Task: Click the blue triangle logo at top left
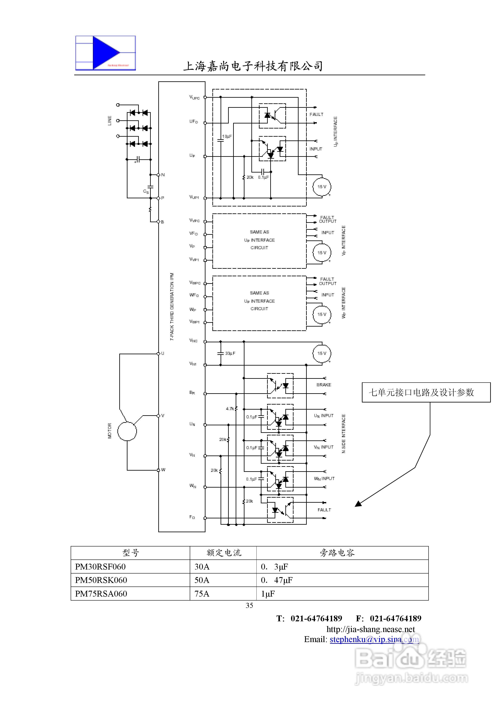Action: (x=105, y=53)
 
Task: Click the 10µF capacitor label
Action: (x=227, y=136)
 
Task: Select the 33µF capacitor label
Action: (x=230, y=353)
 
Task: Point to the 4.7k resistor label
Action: (x=230, y=409)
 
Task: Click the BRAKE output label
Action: (x=324, y=385)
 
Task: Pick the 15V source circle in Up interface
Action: (x=322, y=187)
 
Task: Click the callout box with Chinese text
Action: (x=426, y=392)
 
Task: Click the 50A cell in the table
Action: (x=202, y=580)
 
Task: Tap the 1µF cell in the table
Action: (x=268, y=594)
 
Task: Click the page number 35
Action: (x=249, y=605)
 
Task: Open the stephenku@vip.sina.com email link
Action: (x=374, y=639)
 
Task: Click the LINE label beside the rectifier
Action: (x=109, y=121)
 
